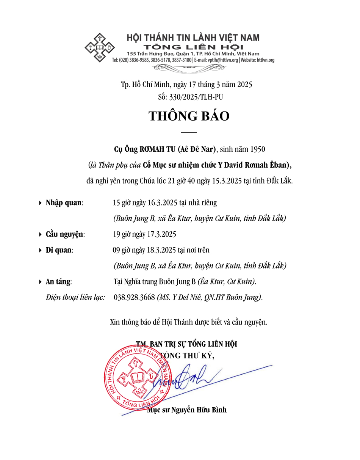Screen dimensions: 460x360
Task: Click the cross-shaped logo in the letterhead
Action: [x=100, y=48]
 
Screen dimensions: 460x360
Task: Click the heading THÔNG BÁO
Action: [x=189, y=116]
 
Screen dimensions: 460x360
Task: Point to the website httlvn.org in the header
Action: [x=265, y=60]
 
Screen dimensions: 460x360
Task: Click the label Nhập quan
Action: [x=64, y=203]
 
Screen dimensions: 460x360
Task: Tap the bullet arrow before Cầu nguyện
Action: [x=41, y=235]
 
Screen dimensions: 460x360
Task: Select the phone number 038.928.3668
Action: [x=134, y=297]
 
